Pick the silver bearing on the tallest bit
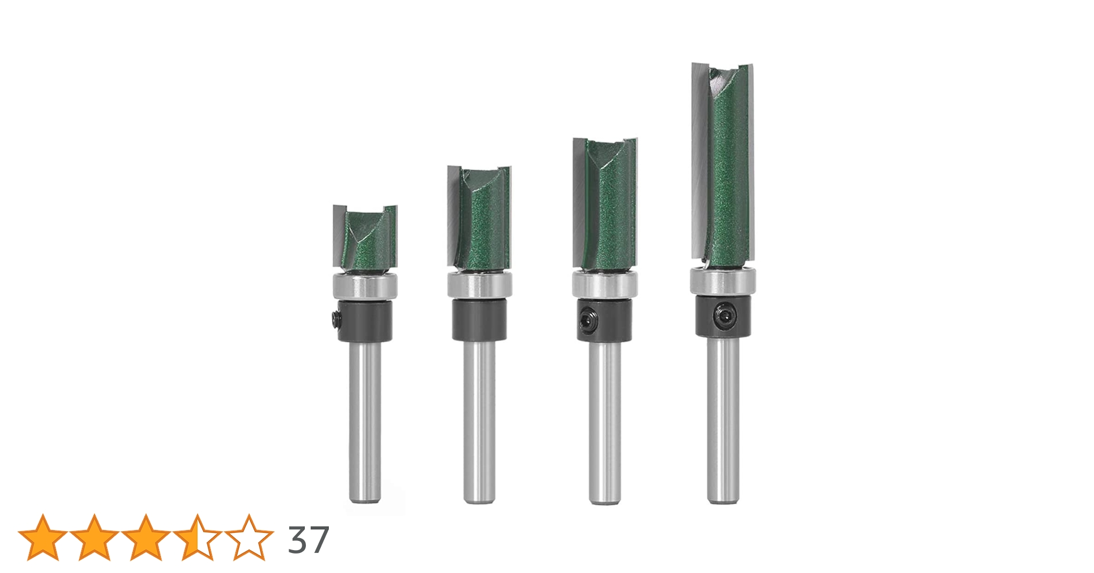pyautogui.click(x=723, y=281)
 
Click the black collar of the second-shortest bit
pyautogui.click(x=479, y=320)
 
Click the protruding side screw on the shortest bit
pyautogui.click(x=335, y=320)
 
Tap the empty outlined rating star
pyautogui.click(x=249, y=538)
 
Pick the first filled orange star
pyautogui.click(x=43, y=538)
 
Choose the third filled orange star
pyautogui.click(x=146, y=538)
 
